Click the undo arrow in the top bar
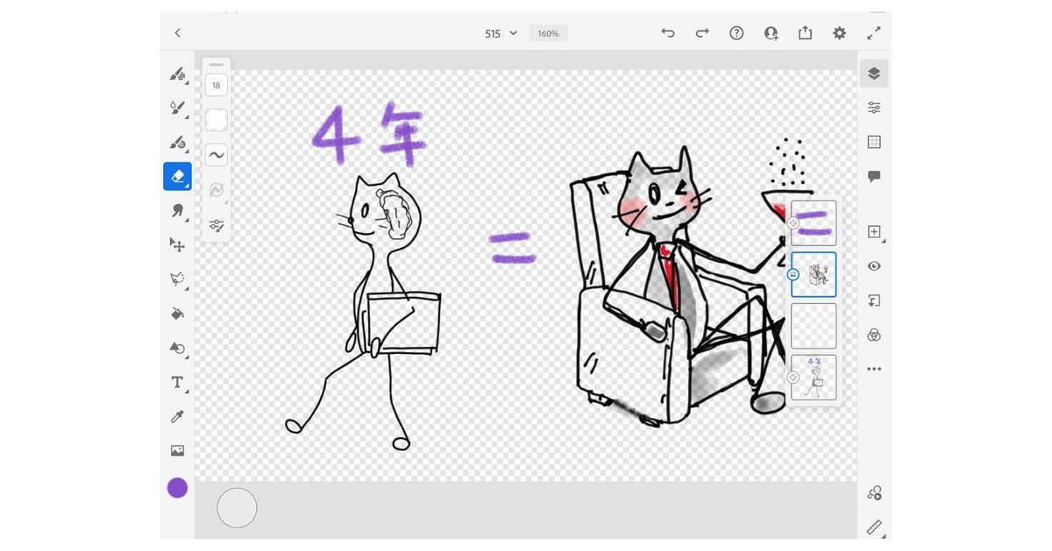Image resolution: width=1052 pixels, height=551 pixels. tap(668, 33)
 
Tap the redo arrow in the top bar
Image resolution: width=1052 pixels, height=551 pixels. tap(702, 33)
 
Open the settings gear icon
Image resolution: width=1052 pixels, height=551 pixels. tap(839, 33)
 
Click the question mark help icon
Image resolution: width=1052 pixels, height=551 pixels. tap(736, 33)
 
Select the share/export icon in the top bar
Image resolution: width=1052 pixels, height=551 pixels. tap(805, 32)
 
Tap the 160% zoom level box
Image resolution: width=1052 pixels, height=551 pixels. tap(548, 33)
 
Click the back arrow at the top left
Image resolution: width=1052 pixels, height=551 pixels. tap(177, 33)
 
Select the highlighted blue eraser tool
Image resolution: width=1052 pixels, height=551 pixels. tap(177, 176)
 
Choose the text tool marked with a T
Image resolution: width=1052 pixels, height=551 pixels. tap(177, 382)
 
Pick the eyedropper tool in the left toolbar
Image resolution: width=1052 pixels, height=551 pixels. tap(177, 416)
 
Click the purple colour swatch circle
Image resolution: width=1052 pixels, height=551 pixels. tap(177, 488)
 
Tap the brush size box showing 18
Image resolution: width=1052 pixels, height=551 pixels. tap(216, 85)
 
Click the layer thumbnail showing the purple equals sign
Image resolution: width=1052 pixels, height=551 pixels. tap(814, 223)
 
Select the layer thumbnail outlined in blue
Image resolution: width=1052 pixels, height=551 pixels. tap(814, 274)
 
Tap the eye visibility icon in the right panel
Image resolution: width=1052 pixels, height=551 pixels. tap(874, 266)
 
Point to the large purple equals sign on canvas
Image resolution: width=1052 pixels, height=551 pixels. tap(512, 247)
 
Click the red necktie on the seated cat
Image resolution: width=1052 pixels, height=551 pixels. tap(671, 276)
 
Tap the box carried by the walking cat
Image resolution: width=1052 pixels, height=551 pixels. tap(403, 323)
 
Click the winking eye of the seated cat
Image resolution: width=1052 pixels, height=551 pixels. tap(681, 187)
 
